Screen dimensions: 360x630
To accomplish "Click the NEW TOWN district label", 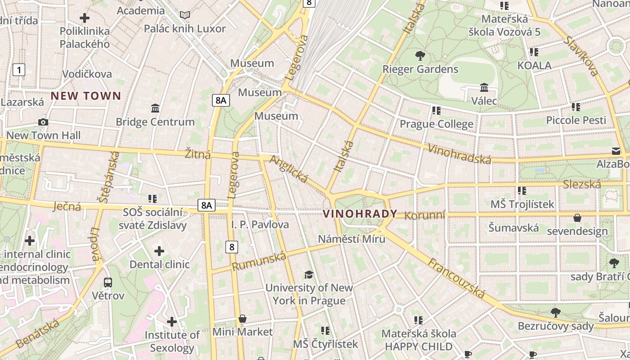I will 86,95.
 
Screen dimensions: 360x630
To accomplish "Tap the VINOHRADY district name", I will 360,214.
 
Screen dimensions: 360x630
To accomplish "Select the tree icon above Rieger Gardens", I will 420,56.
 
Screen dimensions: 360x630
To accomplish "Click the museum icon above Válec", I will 484,87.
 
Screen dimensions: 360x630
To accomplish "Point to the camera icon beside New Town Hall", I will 43,122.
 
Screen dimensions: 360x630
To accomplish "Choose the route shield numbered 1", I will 19,70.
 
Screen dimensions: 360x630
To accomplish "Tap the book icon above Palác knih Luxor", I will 184,15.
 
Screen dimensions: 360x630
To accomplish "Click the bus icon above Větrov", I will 108,283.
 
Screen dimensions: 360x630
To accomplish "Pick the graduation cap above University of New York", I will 309,274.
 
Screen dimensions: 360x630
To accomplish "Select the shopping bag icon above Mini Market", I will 243,319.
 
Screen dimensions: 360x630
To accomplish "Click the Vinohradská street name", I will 459,153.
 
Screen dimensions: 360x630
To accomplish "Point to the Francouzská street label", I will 456,279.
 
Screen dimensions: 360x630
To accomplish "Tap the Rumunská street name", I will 259,261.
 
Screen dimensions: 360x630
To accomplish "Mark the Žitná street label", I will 198,154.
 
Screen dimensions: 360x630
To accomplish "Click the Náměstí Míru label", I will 351,238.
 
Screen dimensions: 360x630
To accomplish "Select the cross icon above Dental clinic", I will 159,251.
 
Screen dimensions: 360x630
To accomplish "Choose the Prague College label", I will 436,124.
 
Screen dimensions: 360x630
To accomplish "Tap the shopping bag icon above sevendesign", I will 577,218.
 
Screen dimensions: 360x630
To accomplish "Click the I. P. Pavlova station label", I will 260,224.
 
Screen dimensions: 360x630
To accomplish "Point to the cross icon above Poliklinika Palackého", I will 84,18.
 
